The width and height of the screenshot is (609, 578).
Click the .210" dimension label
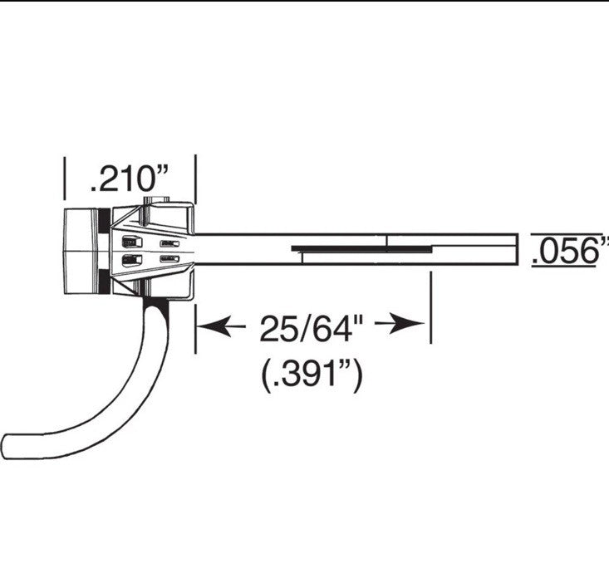pos(130,179)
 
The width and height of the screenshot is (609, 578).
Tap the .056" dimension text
pos(570,251)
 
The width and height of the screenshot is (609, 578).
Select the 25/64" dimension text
pos(311,328)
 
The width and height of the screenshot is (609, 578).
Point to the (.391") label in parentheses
pos(312,375)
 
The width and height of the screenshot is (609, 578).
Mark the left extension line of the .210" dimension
pos(65,179)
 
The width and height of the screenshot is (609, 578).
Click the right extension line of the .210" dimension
pos(195,179)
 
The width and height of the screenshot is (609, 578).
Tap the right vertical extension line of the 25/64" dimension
pos(430,307)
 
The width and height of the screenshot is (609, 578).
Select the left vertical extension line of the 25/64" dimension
pos(195,329)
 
